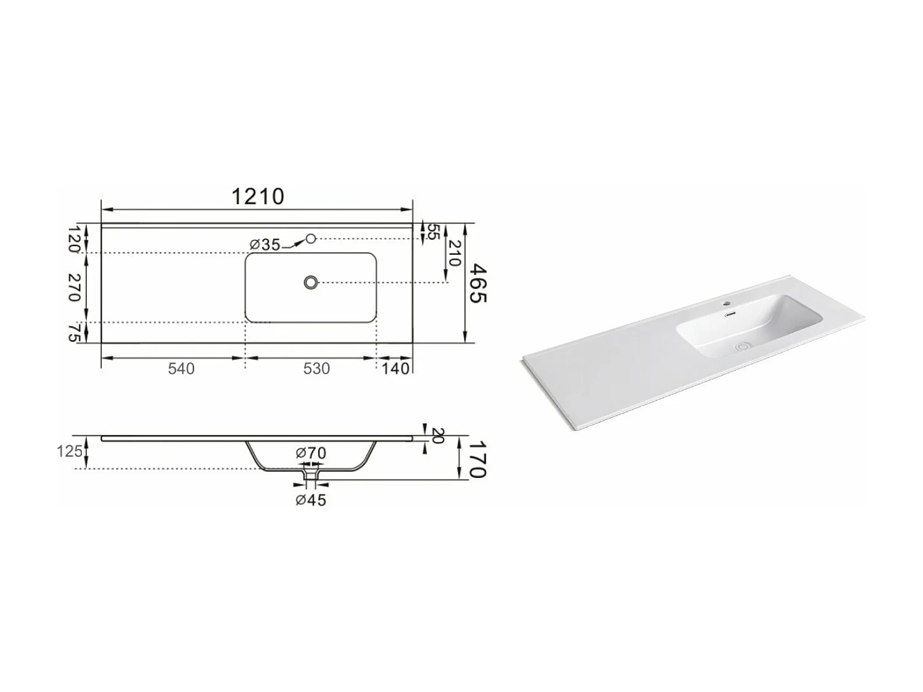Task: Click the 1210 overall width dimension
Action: [x=258, y=196]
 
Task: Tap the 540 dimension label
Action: [x=181, y=368]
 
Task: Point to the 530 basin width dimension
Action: [x=316, y=368]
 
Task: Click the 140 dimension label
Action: [x=395, y=368]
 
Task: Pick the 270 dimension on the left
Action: [x=74, y=287]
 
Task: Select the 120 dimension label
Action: [x=74, y=240]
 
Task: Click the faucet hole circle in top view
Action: [x=311, y=238]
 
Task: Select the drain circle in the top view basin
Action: [x=311, y=282]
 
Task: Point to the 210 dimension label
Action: [x=454, y=253]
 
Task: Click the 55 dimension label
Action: [x=433, y=233]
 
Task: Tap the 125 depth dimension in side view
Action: [x=70, y=451]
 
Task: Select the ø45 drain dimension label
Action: [x=311, y=500]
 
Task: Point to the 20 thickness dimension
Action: [x=438, y=436]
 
